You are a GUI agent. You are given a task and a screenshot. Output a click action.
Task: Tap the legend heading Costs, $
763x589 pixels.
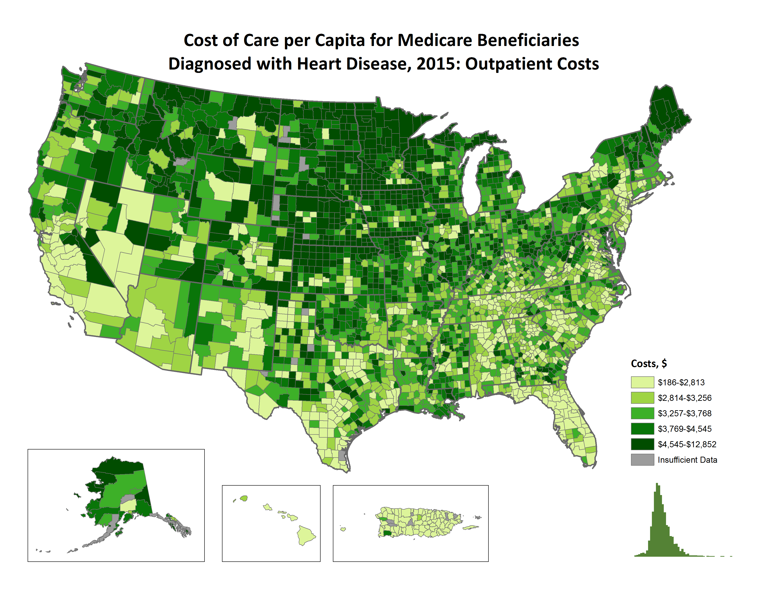[x=649, y=364]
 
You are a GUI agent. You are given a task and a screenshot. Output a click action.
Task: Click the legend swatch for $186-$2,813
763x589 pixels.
[x=642, y=382]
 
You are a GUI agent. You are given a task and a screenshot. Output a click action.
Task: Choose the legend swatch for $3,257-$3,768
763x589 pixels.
[x=642, y=413]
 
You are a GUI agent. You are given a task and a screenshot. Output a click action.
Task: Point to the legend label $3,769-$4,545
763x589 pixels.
[x=684, y=429]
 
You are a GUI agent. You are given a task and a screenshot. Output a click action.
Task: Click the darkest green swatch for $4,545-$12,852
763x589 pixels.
[x=642, y=444]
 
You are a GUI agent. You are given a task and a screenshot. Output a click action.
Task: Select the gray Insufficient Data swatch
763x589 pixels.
[x=642, y=460]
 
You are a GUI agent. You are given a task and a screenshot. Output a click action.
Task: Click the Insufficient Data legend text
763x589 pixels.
[x=687, y=460]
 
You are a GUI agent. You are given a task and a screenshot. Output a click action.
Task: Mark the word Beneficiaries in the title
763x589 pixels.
[x=528, y=41]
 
